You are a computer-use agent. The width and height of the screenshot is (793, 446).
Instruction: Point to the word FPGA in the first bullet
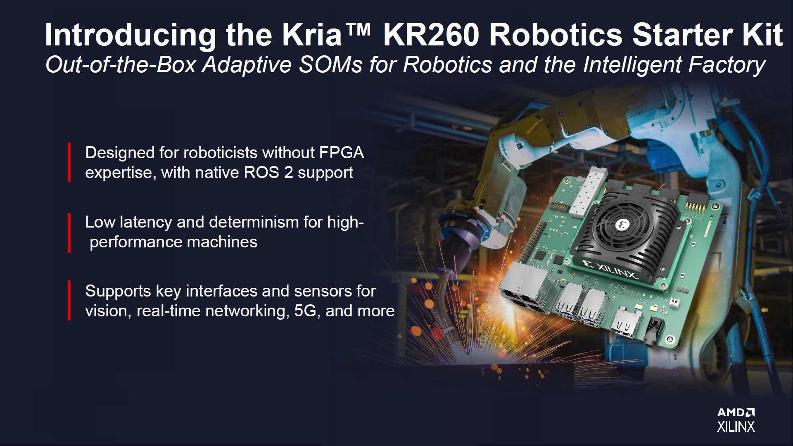coord(342,152)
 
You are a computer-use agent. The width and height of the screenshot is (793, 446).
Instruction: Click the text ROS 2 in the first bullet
coord(268,172)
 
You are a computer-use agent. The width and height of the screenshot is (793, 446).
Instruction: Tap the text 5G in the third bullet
coord(305,311)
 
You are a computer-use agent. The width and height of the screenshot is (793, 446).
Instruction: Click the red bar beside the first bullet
coord(69,162)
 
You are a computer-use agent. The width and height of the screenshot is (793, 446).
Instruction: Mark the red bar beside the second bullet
coord(69,232)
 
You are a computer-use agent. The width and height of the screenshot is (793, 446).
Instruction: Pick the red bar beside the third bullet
coord(69,300)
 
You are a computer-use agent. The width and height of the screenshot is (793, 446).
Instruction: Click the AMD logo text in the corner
coord(736,412)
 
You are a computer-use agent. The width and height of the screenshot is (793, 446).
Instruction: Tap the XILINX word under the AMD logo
coord(736,427)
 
